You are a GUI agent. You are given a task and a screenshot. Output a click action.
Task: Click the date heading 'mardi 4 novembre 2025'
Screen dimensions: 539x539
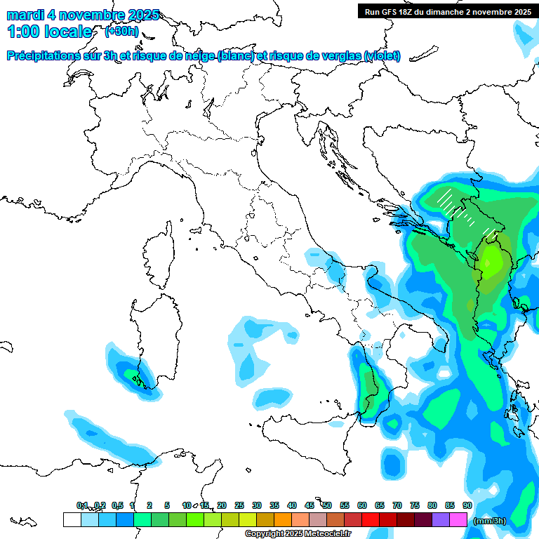(x=83, y=15)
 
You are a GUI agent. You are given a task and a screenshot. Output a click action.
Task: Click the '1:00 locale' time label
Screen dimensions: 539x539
(x=49, y=32)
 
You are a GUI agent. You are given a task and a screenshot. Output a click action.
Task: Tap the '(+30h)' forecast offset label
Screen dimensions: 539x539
(x=121, y=32)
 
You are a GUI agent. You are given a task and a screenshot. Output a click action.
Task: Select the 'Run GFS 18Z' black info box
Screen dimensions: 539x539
(x=446, y=11)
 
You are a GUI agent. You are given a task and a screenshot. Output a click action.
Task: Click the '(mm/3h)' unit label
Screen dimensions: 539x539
(x=491, y=521)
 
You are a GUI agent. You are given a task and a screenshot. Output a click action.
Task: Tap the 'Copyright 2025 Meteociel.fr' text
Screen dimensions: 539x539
(x=298, y=534)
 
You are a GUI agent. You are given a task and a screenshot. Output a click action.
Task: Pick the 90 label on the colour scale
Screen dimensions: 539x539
(x=467, y=505)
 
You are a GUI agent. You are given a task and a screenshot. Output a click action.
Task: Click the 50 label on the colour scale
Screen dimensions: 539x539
(x=327, y=505)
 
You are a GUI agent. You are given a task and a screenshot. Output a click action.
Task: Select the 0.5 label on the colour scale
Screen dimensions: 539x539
(x=117, y=505)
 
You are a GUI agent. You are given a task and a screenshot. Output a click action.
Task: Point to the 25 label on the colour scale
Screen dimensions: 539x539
(x=239, y=505)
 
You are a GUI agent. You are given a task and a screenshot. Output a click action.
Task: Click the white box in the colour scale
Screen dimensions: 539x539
(x=72, y=520)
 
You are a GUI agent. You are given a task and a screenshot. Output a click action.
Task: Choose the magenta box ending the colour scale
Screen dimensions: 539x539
(x=458, y=520)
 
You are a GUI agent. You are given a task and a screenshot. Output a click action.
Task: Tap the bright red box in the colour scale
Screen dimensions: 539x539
(x=371, y=520)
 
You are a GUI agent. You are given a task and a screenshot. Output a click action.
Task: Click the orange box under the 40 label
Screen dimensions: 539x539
(x=283, y=520)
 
